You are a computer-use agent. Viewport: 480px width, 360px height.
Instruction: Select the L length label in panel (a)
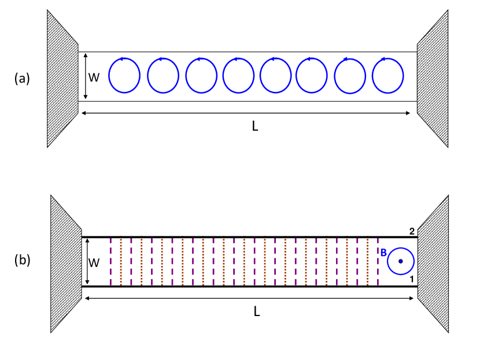(255, 126)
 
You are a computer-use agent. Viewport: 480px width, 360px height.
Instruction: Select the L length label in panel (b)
(256, 311)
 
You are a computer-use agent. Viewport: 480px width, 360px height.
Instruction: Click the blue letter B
(383, 253)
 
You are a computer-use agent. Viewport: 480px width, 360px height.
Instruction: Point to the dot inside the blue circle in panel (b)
(400, 261)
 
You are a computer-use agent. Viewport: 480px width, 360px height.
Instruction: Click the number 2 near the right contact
(412, 232)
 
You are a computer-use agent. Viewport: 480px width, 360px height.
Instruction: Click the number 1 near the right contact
(412, 280)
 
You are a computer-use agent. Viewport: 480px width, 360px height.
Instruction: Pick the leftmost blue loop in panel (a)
(124, 75)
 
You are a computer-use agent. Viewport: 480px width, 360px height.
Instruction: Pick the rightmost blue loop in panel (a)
(387, 75)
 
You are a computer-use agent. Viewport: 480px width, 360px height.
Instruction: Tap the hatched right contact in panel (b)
(433, 263)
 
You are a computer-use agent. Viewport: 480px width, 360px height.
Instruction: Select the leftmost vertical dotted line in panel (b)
(110, 261)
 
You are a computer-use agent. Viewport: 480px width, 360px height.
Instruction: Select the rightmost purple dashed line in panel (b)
(378, 261)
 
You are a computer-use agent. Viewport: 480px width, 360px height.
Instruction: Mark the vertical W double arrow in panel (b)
(86, 261)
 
